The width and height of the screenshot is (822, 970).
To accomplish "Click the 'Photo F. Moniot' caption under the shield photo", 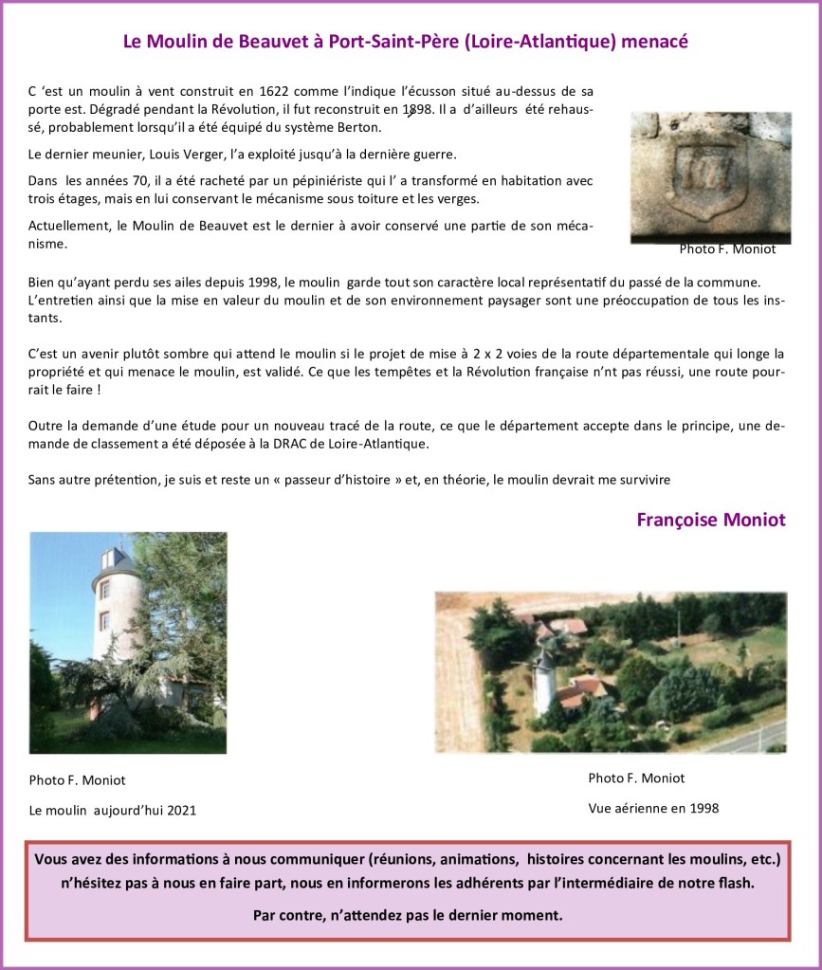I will click(x=727, y=249).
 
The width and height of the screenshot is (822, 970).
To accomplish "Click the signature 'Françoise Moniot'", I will click(x=710, y=521).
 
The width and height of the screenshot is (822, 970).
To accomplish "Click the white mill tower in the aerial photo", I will click(x=543, y=681).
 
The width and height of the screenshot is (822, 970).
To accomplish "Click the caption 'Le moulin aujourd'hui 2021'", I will click(x=113, y=810).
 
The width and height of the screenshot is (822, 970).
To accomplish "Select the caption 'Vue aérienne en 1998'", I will click(x=653, y=809).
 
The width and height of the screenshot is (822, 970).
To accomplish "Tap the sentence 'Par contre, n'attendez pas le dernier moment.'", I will click(x=408, y=915).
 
